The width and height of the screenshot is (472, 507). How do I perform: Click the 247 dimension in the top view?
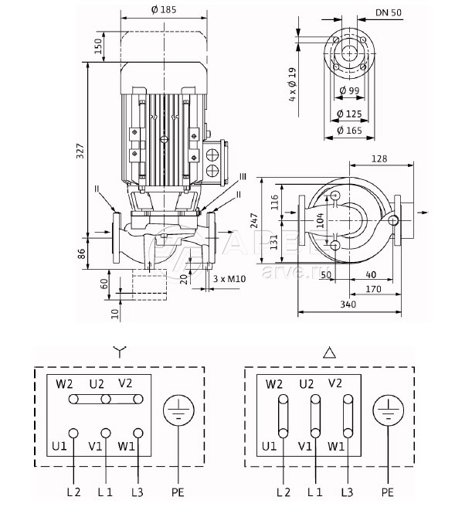267,221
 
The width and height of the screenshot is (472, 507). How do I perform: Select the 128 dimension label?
378,158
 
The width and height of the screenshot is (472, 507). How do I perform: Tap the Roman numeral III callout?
243,177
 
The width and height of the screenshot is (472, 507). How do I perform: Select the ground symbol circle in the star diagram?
177,411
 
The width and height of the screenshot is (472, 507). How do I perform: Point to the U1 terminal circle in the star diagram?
73,433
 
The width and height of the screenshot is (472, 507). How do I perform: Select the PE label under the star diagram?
178,491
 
